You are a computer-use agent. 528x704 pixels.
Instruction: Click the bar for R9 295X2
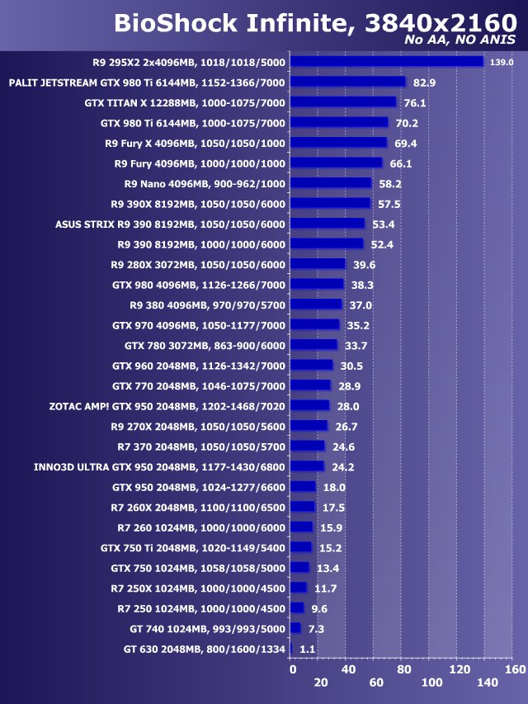click(387, 61)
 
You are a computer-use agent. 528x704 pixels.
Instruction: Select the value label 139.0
click(502, 62)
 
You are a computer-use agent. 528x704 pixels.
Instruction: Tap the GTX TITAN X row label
click(185, 103)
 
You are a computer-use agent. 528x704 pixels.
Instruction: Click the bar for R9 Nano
click(332, 183)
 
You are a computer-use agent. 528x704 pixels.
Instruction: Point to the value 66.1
click(401, 163)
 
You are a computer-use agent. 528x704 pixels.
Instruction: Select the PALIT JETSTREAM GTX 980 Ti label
click(146, 83)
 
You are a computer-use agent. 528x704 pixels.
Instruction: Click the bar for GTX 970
click(315, 325)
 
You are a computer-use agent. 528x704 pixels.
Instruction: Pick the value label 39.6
click(364, 265)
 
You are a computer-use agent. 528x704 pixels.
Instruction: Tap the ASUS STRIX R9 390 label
click(170, 224)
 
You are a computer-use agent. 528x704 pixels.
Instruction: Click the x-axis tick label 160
click(514, 669)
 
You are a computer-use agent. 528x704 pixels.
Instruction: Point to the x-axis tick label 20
click(321, 683)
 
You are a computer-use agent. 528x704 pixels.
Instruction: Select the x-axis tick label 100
click(431, 683)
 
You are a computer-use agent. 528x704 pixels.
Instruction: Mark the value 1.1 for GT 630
click(308, 650)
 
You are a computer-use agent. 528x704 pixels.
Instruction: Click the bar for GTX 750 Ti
click(301, 547)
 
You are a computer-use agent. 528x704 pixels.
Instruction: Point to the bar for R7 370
click(309, 446)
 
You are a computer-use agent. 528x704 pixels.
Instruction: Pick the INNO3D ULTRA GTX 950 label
click(159, 467)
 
